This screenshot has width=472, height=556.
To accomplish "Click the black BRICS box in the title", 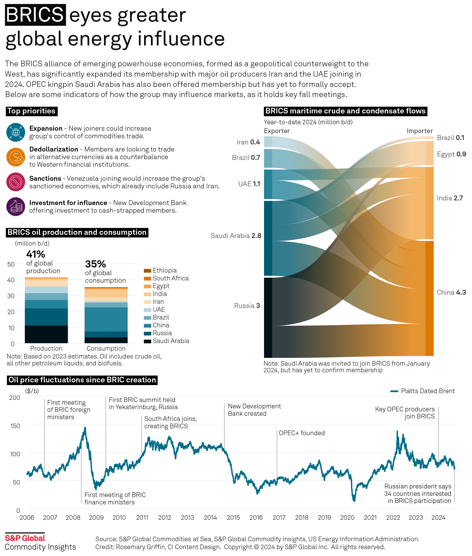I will tap(35, 15).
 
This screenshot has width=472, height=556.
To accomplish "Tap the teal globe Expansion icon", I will tap(16, 132).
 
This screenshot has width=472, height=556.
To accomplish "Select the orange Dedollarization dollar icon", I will tap(16, 157).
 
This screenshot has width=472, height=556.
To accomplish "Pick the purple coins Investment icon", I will tap(16, 206).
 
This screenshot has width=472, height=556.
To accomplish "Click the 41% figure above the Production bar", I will tap(36, 254).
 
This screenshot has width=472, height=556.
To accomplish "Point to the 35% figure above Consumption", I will tap(95, 264).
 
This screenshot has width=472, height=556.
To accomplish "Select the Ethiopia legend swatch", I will tap(147, 271).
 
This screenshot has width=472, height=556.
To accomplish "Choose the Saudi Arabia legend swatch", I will tap(147, 341).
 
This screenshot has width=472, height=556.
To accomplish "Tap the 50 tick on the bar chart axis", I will tap(11, 264).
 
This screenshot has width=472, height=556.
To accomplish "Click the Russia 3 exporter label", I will tap(247, 306).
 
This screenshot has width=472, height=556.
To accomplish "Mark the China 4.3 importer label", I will tap(451, 292).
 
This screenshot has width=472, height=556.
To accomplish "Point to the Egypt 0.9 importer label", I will tap(451, 154).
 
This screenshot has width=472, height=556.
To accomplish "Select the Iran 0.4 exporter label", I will tap(248, 142).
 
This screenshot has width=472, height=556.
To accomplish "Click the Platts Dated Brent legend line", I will tap(394, 391).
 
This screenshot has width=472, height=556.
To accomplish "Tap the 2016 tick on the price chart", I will tap(256, 517).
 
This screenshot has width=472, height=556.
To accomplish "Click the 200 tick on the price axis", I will tap(15, 398).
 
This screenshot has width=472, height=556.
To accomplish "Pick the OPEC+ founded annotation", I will tap(302, 433).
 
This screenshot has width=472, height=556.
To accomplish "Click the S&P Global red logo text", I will tap(25, 538).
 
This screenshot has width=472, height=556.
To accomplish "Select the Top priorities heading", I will tap(31, 111).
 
